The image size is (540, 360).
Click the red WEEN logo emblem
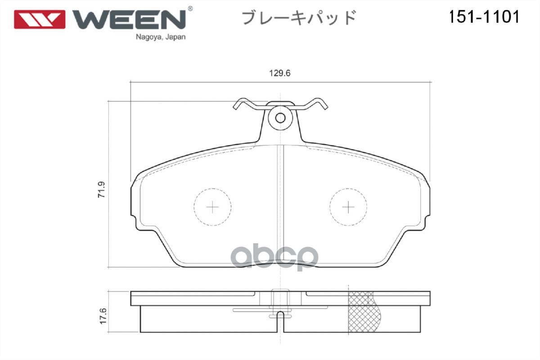point(40,19)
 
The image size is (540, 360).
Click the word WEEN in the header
point(129,19)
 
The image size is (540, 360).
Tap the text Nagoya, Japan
point(161,37)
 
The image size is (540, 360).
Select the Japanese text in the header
point(299,18)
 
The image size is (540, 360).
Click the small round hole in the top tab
point(280,118)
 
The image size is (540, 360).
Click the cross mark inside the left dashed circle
point(212,207)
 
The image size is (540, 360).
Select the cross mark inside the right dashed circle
point(348,207)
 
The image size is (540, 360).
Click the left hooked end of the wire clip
point(238,106)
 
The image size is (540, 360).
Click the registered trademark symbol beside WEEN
point(190,9)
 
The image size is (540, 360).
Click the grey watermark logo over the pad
point(275,257)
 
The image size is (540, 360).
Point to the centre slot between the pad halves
point(281,202)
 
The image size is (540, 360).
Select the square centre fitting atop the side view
point(280,297)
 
